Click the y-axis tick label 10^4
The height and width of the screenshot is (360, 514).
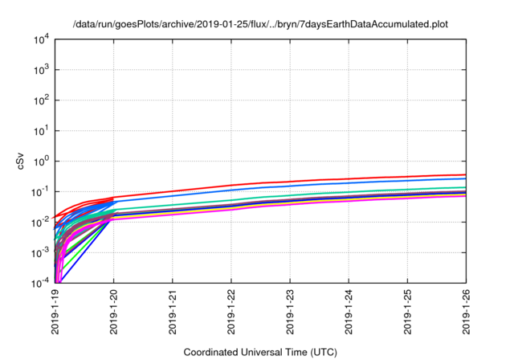39,39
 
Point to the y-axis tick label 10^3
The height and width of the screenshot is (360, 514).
39,69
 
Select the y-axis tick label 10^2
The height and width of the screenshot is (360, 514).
39,100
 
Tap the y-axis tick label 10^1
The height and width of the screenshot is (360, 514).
39,130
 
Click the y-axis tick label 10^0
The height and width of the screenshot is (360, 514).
39,161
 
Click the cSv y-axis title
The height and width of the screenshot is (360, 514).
21,161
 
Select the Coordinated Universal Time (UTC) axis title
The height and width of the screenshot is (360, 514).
260,352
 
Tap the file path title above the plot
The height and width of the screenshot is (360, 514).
260,25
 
